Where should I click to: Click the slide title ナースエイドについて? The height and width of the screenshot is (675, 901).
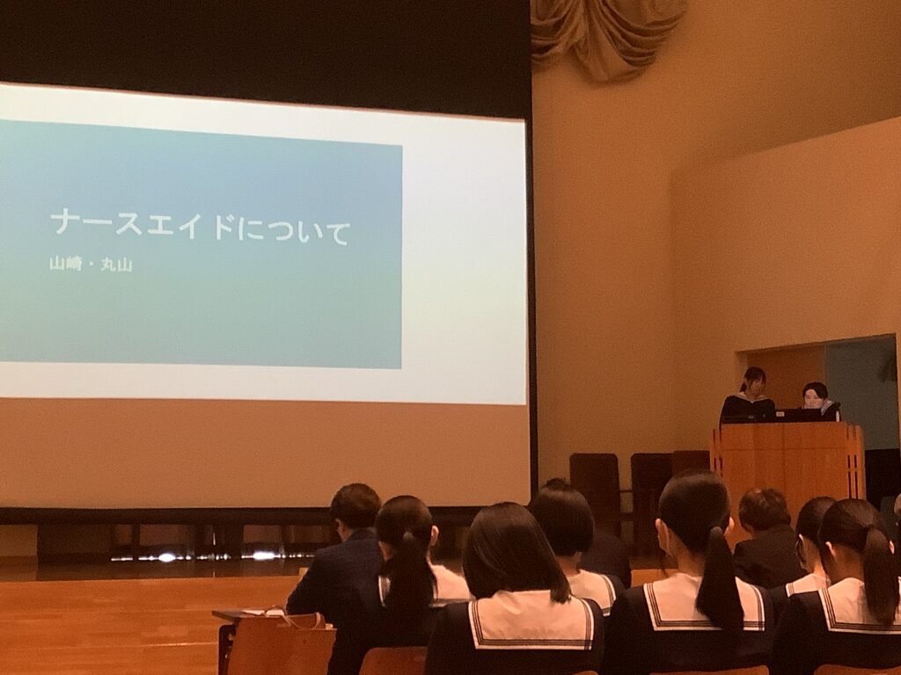point(200,226)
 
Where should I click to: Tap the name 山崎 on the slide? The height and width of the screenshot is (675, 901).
point(65,264)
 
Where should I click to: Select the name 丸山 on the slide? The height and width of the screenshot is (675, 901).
point(117,265)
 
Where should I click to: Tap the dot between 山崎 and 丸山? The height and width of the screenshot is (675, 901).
point(91,265)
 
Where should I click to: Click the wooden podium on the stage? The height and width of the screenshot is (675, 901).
point(788,466)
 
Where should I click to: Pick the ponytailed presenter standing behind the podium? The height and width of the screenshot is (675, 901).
point(748,396)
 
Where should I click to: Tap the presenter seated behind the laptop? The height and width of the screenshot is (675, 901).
point(817,401)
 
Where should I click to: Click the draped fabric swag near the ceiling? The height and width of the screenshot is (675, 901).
point(608,34)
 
